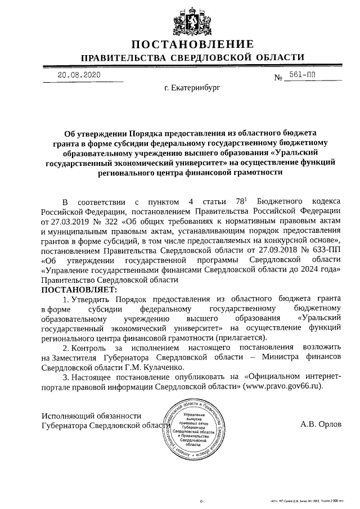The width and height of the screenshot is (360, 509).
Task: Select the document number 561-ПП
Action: tap(303, 74)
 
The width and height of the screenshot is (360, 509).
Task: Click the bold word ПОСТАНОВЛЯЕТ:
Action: tap(78, 289)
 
